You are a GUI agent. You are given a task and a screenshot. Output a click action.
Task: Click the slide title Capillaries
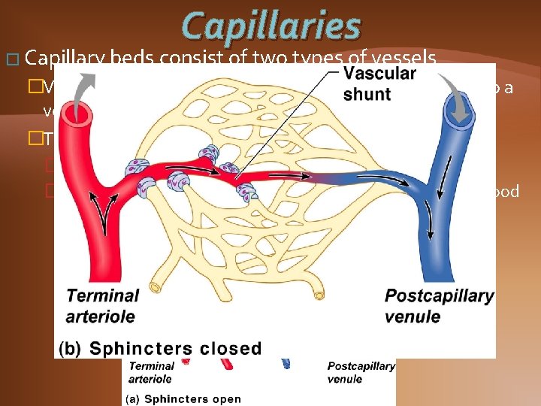272,26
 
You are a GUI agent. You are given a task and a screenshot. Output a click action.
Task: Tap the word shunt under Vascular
367,95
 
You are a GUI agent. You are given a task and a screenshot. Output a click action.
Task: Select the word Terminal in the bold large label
102,295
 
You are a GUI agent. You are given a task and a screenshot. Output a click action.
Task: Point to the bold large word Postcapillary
439,295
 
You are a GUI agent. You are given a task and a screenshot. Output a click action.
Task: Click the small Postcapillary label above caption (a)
361,366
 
